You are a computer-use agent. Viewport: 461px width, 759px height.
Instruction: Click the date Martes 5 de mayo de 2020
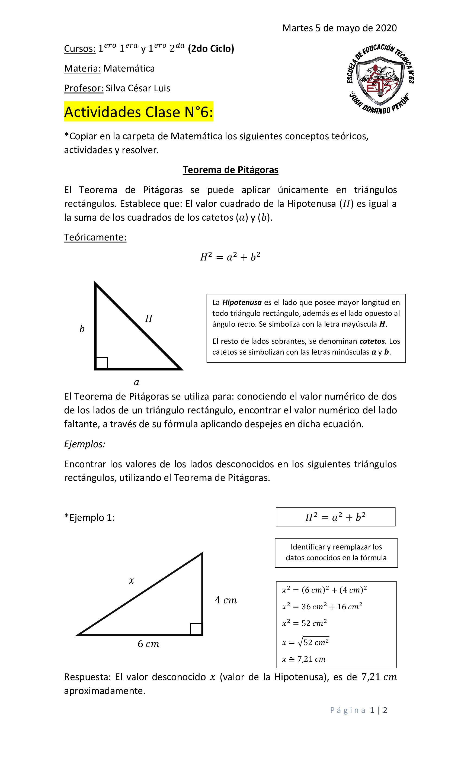pyautogui.click(x=339, y=28)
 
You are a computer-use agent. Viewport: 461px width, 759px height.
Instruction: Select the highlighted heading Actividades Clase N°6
pyautogui.click(x=138, y=111)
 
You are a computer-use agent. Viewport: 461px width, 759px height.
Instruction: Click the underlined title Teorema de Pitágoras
pyautogui.click(x=230, y=170)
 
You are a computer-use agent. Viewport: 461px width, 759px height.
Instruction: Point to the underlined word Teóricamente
pyautogui.click(x=95, y=237)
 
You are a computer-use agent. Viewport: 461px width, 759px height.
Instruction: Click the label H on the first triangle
pyautogui.click(x=149, y=318)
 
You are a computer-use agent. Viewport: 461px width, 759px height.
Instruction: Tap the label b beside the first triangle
pyautogui.click(x=82, y=329)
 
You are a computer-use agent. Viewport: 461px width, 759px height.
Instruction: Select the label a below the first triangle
pyautogui.click(x=136, y=382)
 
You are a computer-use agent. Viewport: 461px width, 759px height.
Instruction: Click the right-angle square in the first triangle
pyautogui.click(x=102, y=363)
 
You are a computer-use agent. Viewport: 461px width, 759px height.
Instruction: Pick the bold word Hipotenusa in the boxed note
pyautogui.click(x=242, y=303)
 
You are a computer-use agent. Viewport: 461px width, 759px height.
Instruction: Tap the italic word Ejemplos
pyautogui.click(x=84, y=444)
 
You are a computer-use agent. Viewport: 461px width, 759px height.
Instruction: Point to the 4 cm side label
pyautogui.click(x=226, y=600)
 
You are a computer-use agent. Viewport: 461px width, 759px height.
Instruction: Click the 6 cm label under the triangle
pyautogui.click(x=148, y=644)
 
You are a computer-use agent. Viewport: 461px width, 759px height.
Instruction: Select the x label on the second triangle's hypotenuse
pyautogui.click(x=131, y=581)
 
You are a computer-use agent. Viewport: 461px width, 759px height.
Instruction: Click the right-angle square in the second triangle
pyautogui.click(x=196, y=629)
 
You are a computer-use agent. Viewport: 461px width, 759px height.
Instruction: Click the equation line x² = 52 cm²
pyautogui.click(x=304, y=623)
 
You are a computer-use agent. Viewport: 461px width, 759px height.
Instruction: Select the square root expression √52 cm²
pyautogui.click(x=313, y=642)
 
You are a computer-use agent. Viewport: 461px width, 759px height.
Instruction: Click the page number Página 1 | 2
pyautogui.click(x=358, y=710)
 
